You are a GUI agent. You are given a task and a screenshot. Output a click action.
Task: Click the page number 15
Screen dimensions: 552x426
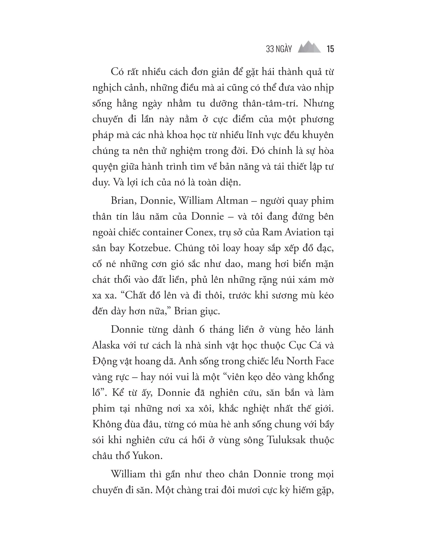330,49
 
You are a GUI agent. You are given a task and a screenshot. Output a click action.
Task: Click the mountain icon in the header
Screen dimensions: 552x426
309,47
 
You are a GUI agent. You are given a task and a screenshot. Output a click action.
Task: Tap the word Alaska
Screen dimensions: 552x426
106,345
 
